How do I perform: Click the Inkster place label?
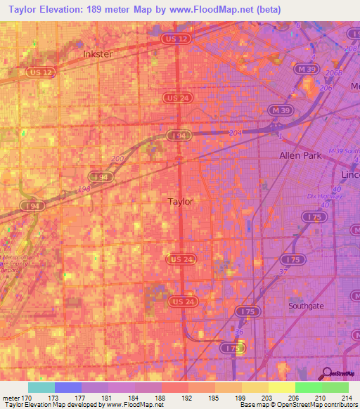tap(98, 53)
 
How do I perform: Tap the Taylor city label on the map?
tap(181, 202)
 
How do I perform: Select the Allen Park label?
tap(300, 155)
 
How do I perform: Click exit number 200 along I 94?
tap(118, 159)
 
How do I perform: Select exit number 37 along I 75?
tap(265, 271)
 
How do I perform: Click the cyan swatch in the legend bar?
tap(41, 387)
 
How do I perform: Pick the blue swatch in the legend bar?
tap(68, 387)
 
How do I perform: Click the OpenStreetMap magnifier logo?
tap(326, 373)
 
